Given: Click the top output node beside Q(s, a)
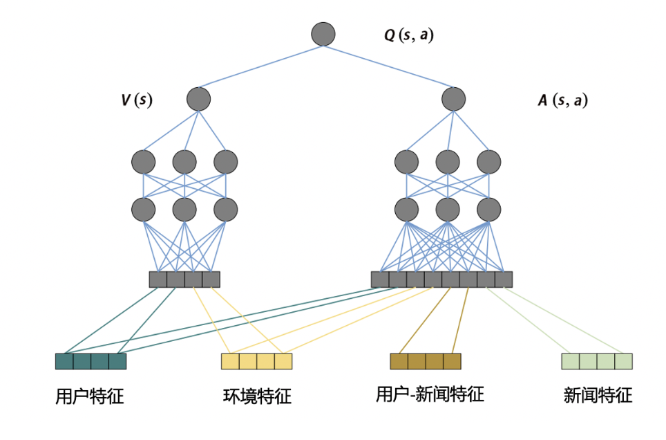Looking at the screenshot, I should click(x=323, y=34).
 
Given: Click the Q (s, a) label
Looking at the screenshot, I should click(x=408, y=35).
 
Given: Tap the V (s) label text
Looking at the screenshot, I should click(x=137, y=100).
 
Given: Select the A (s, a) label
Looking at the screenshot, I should click(x=562, y=100).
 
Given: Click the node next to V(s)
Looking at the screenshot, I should click(x=198, y=99).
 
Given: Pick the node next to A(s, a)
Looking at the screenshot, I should click(x=454, y=99).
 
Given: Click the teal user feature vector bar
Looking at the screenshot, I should click(x=91, y=361).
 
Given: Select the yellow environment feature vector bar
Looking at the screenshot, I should click(x=256, y=361).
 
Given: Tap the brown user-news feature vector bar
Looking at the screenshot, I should click(x=425, y=361).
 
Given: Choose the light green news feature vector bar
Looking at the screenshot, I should click(x=596, y=361).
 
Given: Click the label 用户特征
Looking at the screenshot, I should click(x=89, y=396).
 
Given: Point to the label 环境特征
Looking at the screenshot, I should click(x=257, y=396).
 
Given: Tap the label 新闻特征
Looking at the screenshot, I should click(x=598, y=396).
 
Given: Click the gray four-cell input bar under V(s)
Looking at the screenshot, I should click(x=184, y=279).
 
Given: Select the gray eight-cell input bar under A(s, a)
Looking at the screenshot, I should click(x=441, y=279).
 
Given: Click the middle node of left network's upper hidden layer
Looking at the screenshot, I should click(x=184, y=162).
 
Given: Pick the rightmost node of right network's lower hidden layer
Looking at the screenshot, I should click(x=488, y=209).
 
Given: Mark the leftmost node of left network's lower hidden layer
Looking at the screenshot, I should click(x=144, y=209).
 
